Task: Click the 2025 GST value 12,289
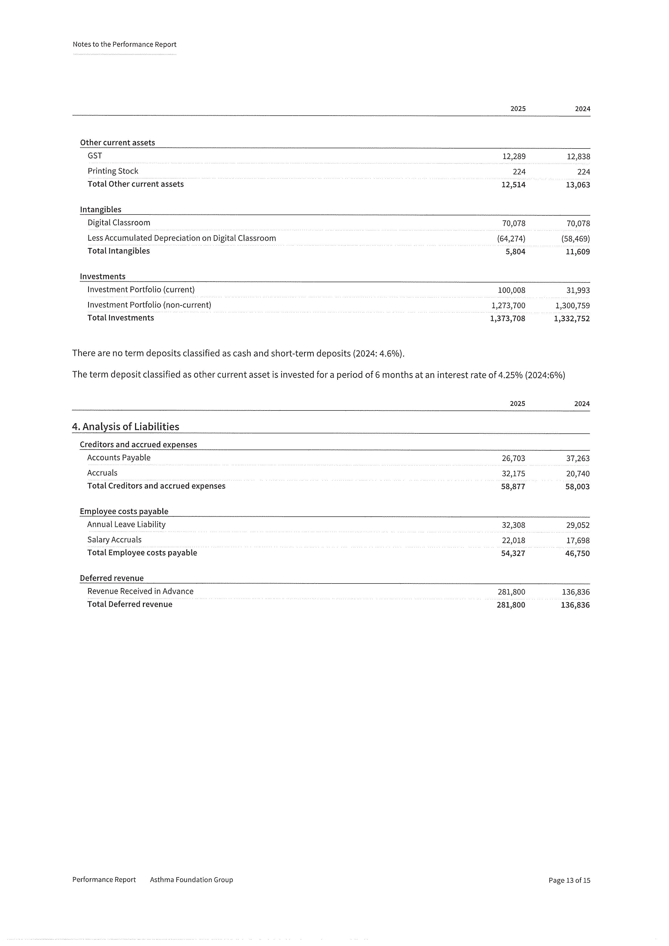click(x=514, y=157)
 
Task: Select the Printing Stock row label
click(x=113, y=171)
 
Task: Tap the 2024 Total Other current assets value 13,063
click(x=578, y=185)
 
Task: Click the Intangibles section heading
click(x=101, y=209)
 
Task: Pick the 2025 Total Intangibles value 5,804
click(x=515, y=252)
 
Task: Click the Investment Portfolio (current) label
click(x=141, y=290)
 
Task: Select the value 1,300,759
click(x=572, y=306)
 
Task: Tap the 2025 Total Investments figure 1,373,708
click(x=508, y=319)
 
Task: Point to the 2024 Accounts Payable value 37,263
click(x=578, y=458)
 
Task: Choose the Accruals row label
click(x=102, y=473)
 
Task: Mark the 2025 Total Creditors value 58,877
click(x=513, y=486)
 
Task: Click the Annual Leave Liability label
click(x=126, y=524)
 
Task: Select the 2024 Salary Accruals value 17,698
click(x=578, y=541)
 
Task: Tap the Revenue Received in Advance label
click(x=140, y=591)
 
